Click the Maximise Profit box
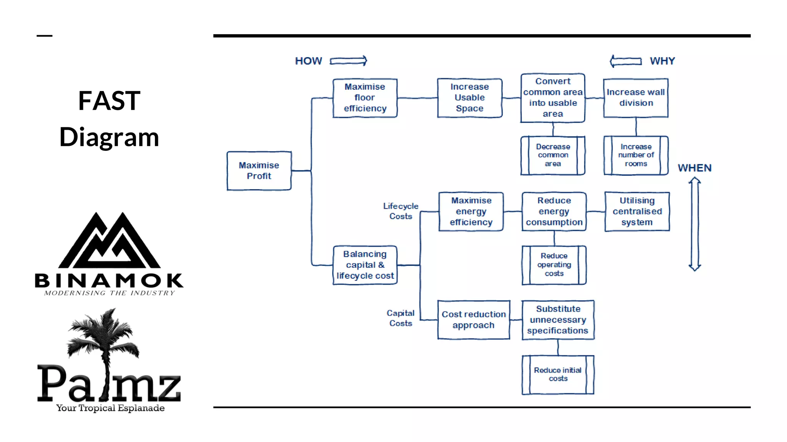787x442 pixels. point(259,171)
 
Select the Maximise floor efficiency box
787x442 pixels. point(365,98)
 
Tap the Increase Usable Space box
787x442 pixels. point(470,98)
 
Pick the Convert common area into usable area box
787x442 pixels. point(553,98)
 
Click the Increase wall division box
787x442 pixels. point(636,98)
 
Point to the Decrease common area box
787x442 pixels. point(553,155)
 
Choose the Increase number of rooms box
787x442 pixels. point(636,155)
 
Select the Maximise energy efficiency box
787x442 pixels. point(471,211)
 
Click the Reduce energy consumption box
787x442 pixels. point(554,211)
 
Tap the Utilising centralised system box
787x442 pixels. point(637,211)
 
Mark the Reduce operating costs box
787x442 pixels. point(554,265)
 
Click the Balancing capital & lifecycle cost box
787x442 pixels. point(365,265)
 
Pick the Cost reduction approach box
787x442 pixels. point(473,320)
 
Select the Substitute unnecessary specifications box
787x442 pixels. point(558,320)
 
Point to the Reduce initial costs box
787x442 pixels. point(558,374)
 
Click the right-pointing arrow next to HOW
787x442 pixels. point(348,61)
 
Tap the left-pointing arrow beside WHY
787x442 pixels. point(626,61)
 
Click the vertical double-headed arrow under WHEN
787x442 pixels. point(694,224)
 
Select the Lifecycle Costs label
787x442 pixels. point(400,211)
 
